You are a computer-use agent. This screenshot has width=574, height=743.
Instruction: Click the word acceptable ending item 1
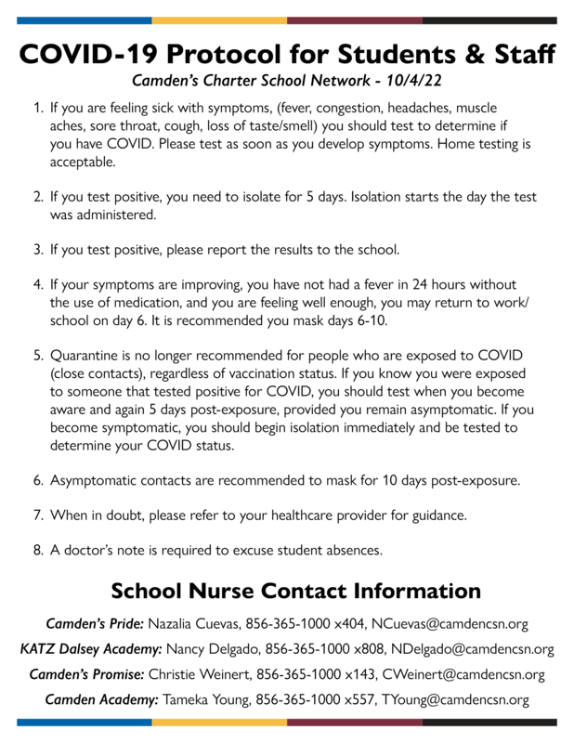tap(85, 161)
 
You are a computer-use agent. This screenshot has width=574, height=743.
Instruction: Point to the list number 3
tap(38, 250)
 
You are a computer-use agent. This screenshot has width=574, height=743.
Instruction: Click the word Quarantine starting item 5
tap(92, 356)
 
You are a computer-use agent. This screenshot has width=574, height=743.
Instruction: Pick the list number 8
tap(38, 549)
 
